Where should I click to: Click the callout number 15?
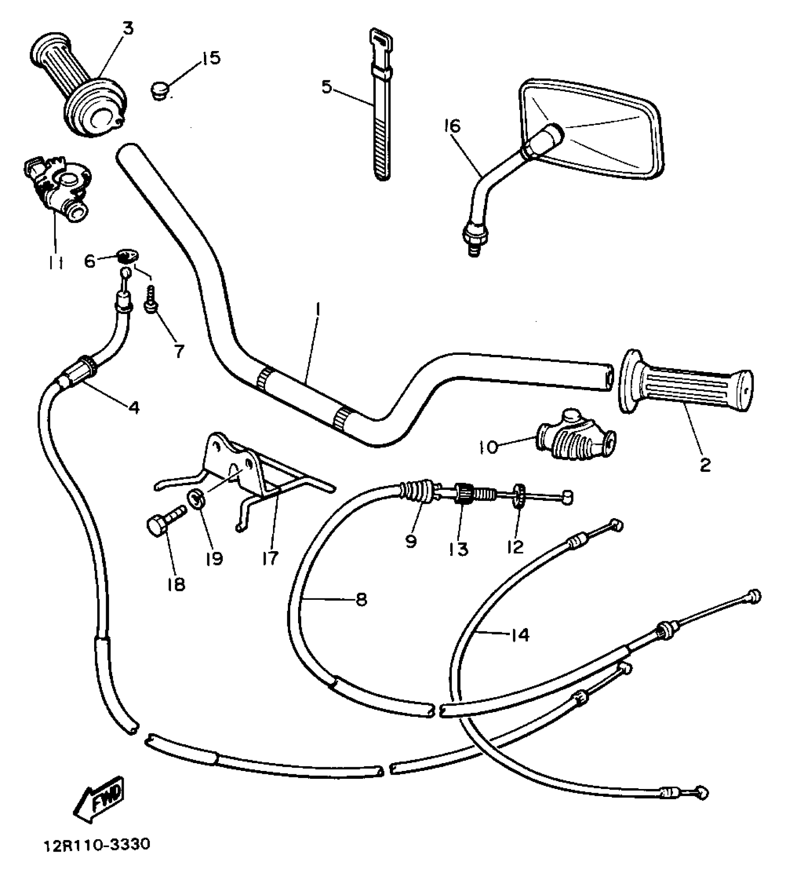[210, 58]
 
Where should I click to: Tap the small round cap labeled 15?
[160, 90]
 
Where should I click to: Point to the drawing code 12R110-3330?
[97, 844]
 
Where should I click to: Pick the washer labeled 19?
[197, 500]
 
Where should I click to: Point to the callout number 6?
[90, 261]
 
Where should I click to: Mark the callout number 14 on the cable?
[520, 635]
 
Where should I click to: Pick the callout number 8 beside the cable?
[361, 600]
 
